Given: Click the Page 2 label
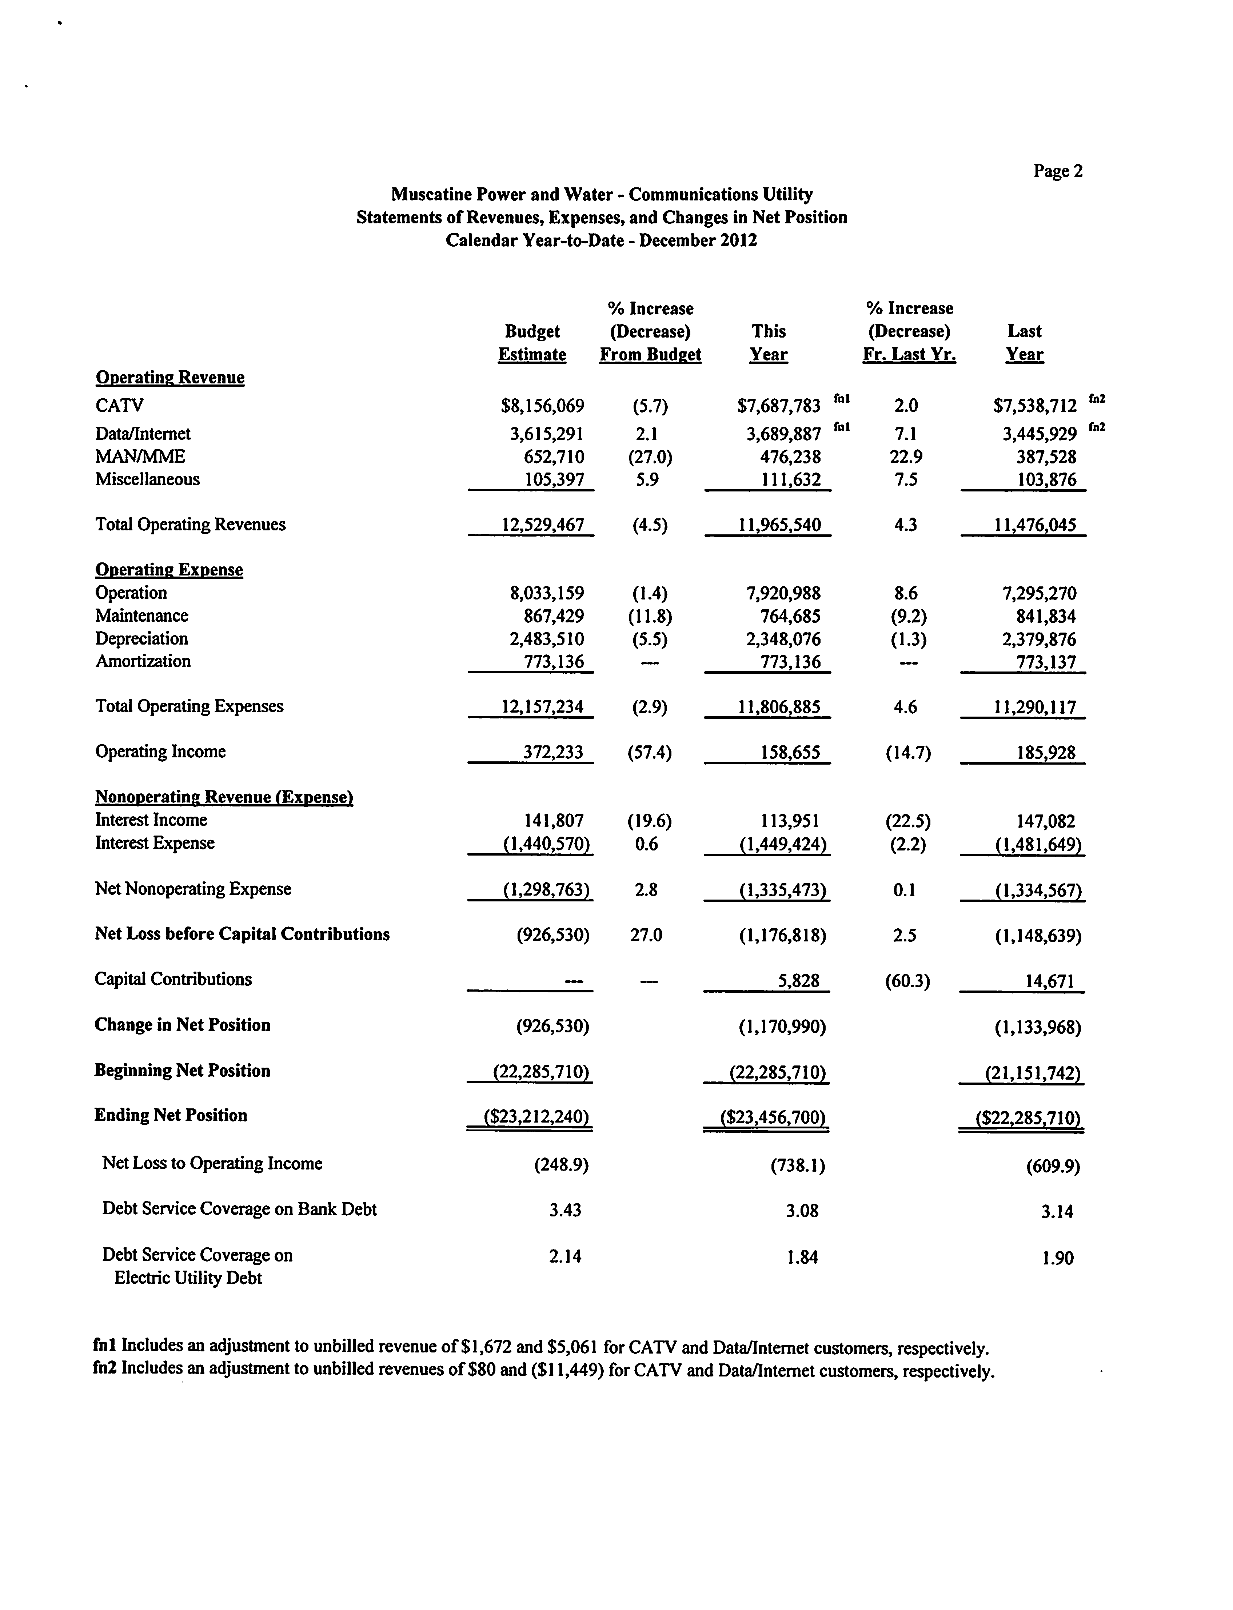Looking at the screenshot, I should [1058, 171].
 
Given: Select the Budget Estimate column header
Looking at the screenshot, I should [532, 343].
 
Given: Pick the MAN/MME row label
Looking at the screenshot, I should [140, 457].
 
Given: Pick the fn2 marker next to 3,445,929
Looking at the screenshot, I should [1097, 427].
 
